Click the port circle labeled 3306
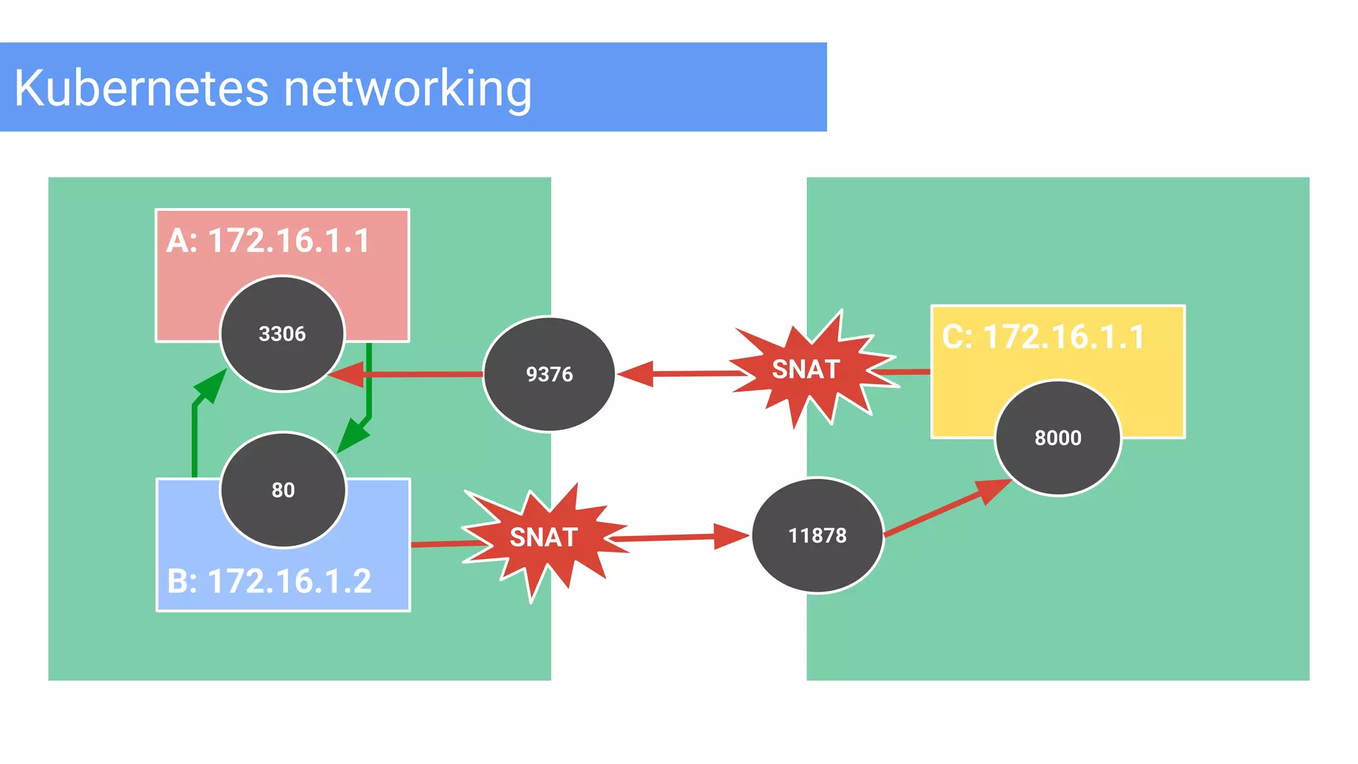[x=282, y=334]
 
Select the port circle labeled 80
[x=283, y=490]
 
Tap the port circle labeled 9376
[x=549, y=374]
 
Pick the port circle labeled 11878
[x=818, y=535]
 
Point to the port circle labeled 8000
[x=1058, y=438]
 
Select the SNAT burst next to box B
[x=544, y=537]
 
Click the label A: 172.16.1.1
[x=268, y=240]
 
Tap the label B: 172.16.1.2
[x=269, y=581]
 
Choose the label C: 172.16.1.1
[x=1043, y=337]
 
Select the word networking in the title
[x=408, y=89]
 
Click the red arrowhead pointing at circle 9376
[x=635, y=374]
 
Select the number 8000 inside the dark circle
[x=1058, y=438]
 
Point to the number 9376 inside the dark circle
[x=549, y=374]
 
